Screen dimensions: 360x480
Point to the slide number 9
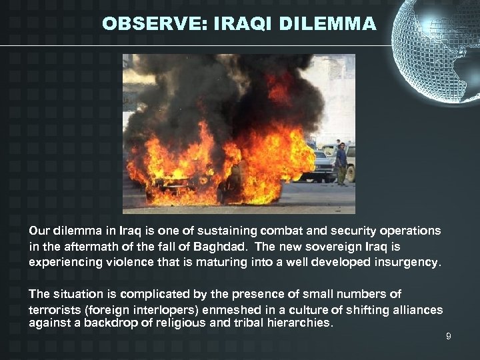click(449, 337)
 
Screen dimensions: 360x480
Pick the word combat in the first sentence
click(285, 231)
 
